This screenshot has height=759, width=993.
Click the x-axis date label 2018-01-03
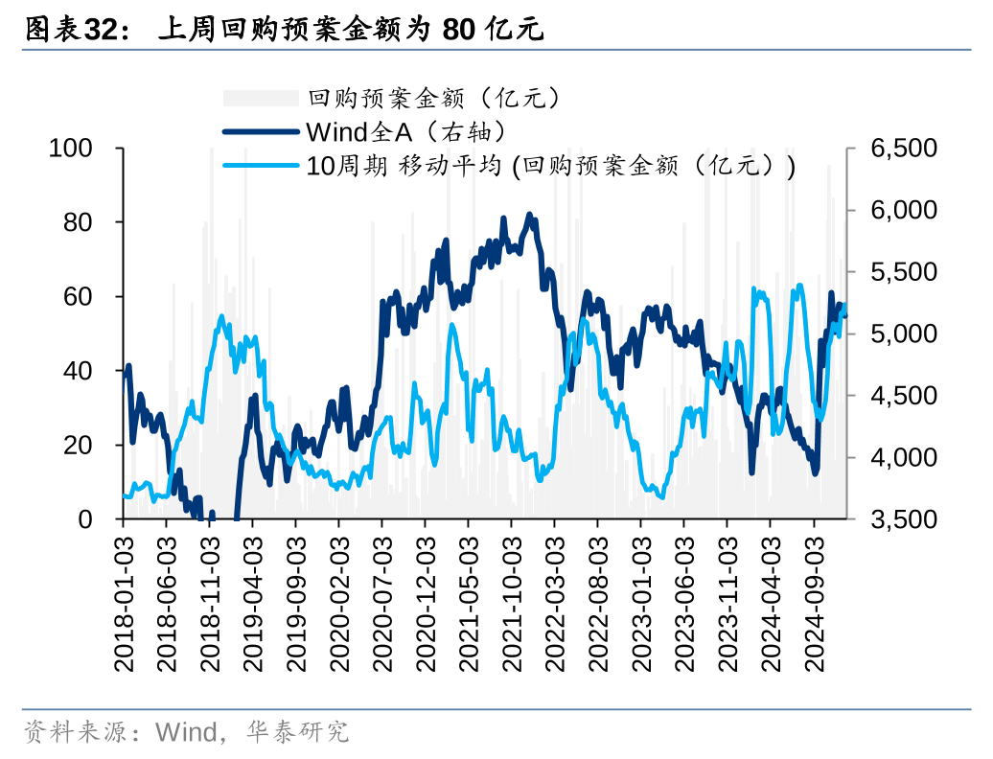[124, 601]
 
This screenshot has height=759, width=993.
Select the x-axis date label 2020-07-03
[382, 601]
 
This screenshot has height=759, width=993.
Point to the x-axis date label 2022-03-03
[555, 601]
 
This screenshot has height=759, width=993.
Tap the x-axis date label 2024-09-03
[814, 601]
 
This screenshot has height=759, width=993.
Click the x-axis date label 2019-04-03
[253, 601]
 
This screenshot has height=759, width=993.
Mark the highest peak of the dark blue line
[530, 215]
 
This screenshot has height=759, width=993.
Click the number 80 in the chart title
[458, 30]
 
